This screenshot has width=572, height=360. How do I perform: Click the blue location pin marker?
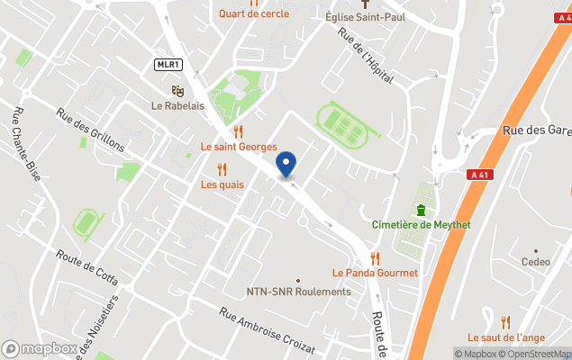pos(286,165)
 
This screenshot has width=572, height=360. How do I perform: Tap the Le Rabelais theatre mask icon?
pos(177,90)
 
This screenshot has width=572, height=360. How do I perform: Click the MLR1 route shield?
pos(168,64)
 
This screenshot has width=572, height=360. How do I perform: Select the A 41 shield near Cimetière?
pos(479,175)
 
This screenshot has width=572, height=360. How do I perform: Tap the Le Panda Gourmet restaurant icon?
pos(375,258)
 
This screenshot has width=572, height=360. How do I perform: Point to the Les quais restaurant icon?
pos(222,169)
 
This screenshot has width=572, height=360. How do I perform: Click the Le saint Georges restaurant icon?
pos(238,131)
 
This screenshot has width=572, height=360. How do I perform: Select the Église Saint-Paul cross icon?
pos(363,4)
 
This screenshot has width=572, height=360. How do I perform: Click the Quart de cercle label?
pos(253,13)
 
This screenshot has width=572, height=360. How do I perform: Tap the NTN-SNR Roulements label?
pos(299,292)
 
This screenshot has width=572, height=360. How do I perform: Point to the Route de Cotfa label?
pos(86,266)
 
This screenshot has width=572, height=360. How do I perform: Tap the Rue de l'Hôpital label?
pos(365,56)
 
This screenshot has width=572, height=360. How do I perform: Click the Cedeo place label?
pos(535,262)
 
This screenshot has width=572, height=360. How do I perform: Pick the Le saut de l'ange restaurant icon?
pos(505,321)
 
